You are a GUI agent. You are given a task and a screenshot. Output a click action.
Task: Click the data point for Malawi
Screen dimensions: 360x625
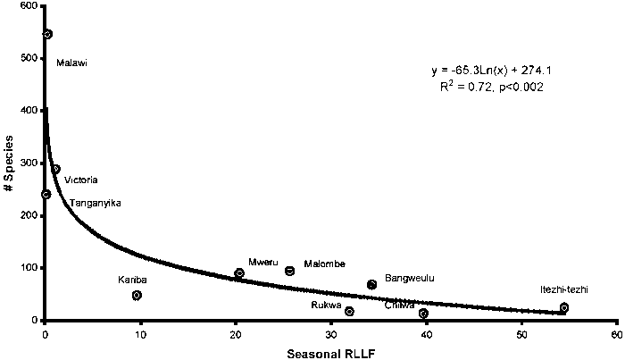(x=47, y=34)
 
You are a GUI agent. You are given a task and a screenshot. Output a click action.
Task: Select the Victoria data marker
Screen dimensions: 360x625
(x=55, y=169)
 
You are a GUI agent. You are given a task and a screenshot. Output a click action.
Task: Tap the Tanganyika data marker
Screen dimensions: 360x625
(x=46, y=194)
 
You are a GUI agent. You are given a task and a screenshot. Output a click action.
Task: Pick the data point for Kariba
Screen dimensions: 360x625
(x=137, y=295)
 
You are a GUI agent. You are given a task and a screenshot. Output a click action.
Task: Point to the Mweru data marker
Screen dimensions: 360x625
(x=239, y=273)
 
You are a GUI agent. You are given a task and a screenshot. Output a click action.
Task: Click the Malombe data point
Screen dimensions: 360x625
(x=290, y=271)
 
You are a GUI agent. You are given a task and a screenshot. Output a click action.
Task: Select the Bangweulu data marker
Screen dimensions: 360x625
(x=371, y=284)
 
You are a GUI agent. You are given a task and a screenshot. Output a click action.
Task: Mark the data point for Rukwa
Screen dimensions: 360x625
(x=349, y=311)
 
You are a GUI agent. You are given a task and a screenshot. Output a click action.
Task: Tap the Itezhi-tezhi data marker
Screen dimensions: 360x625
(x=563, y=307)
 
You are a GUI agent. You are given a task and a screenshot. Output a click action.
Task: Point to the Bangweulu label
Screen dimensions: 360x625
(x=409, y=278)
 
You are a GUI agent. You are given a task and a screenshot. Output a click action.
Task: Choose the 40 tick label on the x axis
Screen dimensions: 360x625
(x=425, y=333)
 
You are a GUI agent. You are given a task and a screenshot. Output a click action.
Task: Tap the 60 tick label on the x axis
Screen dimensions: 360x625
(x=615, y=333)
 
